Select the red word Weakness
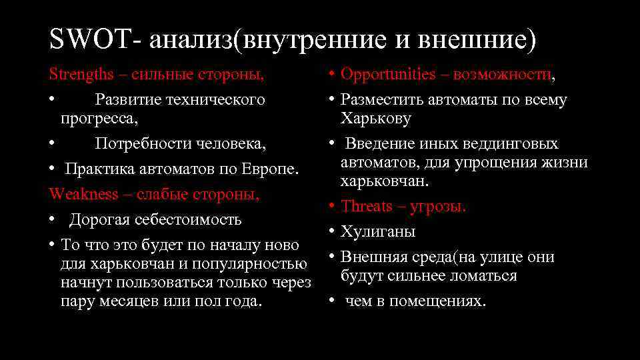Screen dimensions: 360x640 tap(82, 195)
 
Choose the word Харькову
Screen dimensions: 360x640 tap(376, 119)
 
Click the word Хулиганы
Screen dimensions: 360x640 tap(378, 232)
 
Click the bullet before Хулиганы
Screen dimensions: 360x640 tap(331, 232)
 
